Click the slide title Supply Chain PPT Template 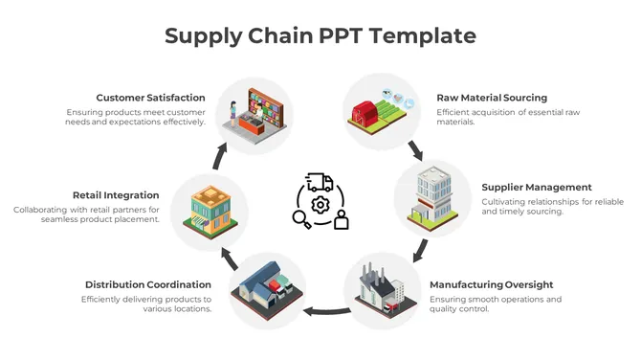coord(320,35)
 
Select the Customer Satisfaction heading coord(150,98)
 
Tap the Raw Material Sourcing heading coord(492,98)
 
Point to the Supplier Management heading coord(536,187)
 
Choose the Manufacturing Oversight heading coord(491,284)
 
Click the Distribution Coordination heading coord(147,284)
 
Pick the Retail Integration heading coord(116,195)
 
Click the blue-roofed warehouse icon coord(267,288)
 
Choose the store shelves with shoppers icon coord(254,113)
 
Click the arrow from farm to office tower coord(415,150)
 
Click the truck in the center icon coord(320,182)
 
